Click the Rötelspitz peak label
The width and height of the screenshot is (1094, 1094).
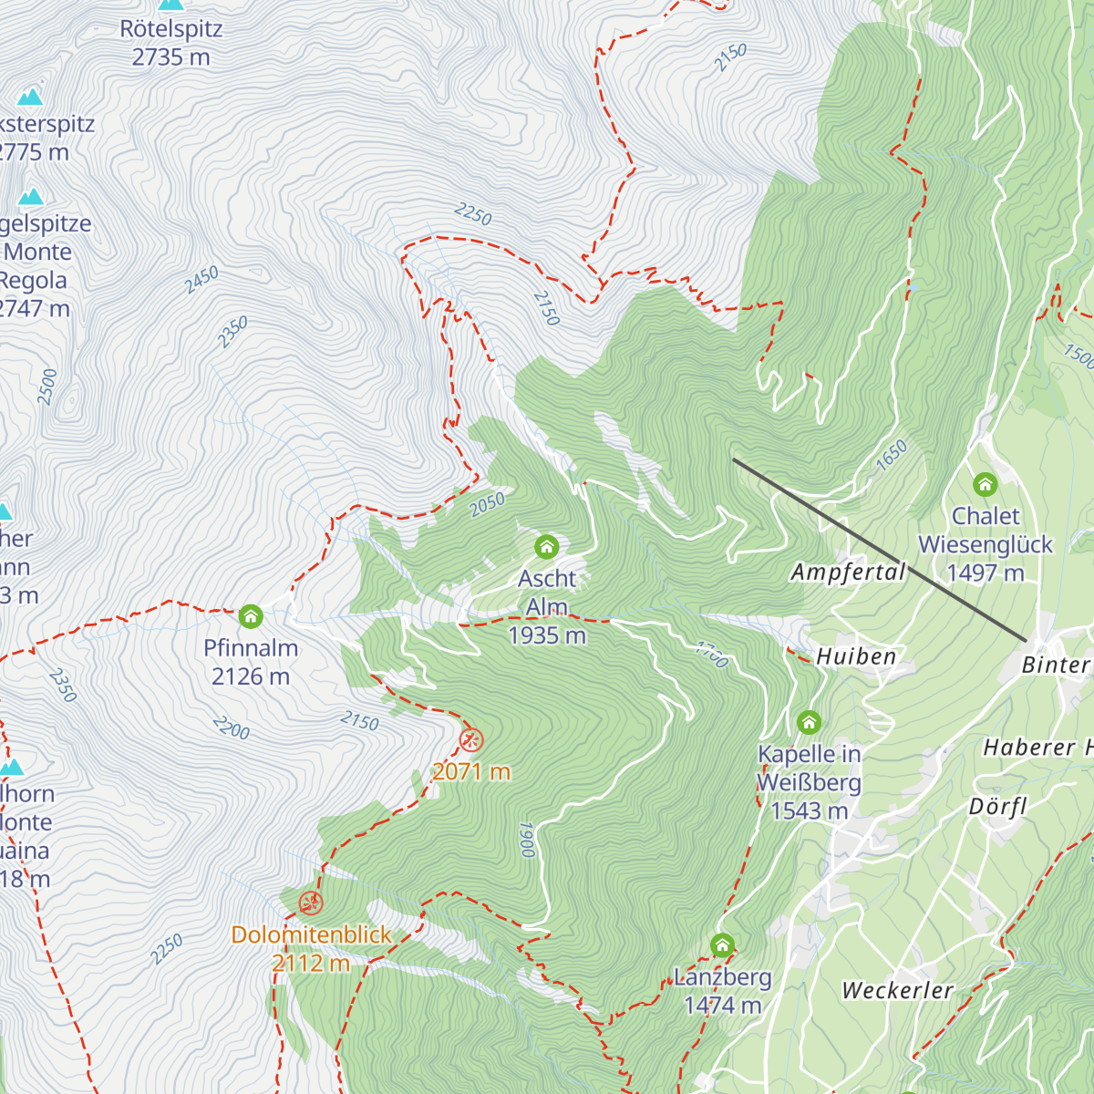coord(170,29)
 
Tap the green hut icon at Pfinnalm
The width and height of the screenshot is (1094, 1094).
coord(251,617)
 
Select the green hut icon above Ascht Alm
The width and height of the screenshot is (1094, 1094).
coord(546,547)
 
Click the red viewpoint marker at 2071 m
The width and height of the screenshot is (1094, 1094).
coord(471,739)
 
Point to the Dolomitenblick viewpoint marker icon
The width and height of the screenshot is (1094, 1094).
coord(311,903)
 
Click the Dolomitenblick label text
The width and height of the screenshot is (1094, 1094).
coord(311,934)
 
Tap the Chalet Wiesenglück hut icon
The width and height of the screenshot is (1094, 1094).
coord(985,484)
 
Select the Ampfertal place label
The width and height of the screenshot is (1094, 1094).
coord(848,573)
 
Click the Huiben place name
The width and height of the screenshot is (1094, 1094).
coord(856,656)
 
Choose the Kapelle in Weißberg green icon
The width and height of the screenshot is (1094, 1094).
coord(809,723)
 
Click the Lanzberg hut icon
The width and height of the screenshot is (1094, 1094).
coord(723,945)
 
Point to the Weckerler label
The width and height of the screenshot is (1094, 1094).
coord(897,990)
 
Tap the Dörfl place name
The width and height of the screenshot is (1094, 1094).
coord(997,807)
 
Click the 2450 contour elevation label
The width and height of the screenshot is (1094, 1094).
coord(201,280)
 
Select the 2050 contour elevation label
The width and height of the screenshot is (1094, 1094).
coord(488,504)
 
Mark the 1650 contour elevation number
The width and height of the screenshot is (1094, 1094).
coord(892,454)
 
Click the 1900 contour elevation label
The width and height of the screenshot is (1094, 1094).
coord(526,840)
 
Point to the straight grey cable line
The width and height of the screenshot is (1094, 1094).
coord(880,550)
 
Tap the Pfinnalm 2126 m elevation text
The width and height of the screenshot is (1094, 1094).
coord(251,676)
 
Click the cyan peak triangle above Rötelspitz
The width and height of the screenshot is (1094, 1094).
coord(170,4)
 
